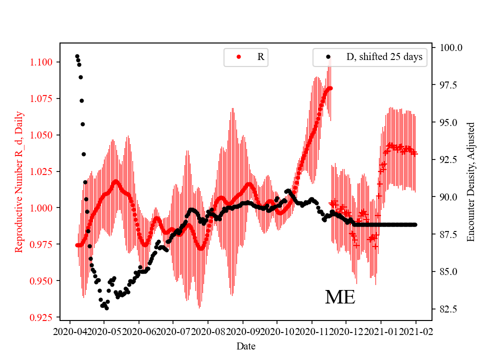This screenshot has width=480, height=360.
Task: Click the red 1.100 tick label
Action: point(42,62)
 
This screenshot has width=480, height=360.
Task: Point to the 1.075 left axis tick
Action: point(42,98)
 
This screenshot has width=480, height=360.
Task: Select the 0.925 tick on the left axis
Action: point(42,317)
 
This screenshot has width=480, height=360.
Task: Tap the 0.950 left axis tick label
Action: point(42,281)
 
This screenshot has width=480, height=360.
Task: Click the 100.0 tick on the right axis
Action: point(451,47)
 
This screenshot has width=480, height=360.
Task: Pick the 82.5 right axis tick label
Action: point(449,309)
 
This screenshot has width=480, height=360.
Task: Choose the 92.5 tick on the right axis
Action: point(449,159)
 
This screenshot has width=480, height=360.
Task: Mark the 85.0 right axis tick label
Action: point(449,271)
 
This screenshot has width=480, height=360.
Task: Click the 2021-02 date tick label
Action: point(415,331)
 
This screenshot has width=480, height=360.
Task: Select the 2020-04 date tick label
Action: point(69,331)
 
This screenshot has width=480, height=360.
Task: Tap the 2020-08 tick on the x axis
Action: point(207,331)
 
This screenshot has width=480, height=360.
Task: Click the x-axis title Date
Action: point(245,345)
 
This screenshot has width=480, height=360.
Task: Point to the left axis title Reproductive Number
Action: point(19,182)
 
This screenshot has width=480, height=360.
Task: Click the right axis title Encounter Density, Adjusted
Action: point(470,182)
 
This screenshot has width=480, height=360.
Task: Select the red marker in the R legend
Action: point(238,57)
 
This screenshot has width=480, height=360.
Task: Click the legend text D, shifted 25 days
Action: point(384,57)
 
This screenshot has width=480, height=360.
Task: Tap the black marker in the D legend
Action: point(328,57)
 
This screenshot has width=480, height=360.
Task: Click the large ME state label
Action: point(340,297)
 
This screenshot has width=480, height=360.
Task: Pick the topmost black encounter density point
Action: point(77,56)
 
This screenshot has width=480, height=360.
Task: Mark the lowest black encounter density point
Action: point(106,308)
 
